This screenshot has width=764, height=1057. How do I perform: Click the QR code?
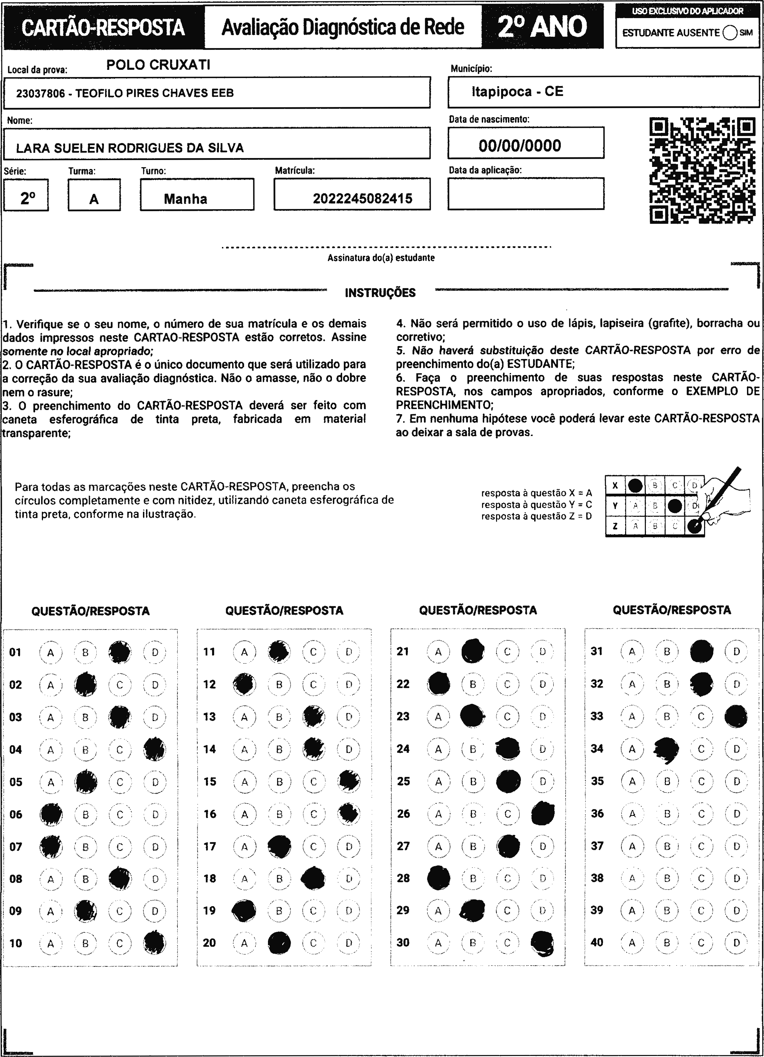[702, 171]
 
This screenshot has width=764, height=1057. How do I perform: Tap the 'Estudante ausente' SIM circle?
[730, 33]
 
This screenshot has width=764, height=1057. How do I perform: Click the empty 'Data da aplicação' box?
[526, 193]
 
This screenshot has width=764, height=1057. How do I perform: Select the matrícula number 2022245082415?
[363, 199]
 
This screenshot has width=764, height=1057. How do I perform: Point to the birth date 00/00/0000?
[520, 146]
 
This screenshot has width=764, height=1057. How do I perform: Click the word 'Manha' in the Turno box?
[186, 199]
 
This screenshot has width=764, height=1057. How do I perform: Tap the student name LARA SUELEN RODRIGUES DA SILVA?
[130, 148]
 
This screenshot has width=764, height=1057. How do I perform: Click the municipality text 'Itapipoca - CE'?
[517, 91]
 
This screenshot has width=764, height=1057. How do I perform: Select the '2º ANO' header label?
[542, 27]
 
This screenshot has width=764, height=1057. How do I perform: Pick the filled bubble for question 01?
[120, 652]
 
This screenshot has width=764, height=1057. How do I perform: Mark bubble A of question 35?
[632, 781]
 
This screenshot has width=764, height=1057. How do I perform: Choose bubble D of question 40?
[736, 942]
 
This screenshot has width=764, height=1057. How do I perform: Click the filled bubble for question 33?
[736, 716]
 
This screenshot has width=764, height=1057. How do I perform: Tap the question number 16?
[210, 814]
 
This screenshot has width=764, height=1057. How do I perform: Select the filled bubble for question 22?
[439, 684]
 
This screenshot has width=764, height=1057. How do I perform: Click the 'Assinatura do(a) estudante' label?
[381, 258]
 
